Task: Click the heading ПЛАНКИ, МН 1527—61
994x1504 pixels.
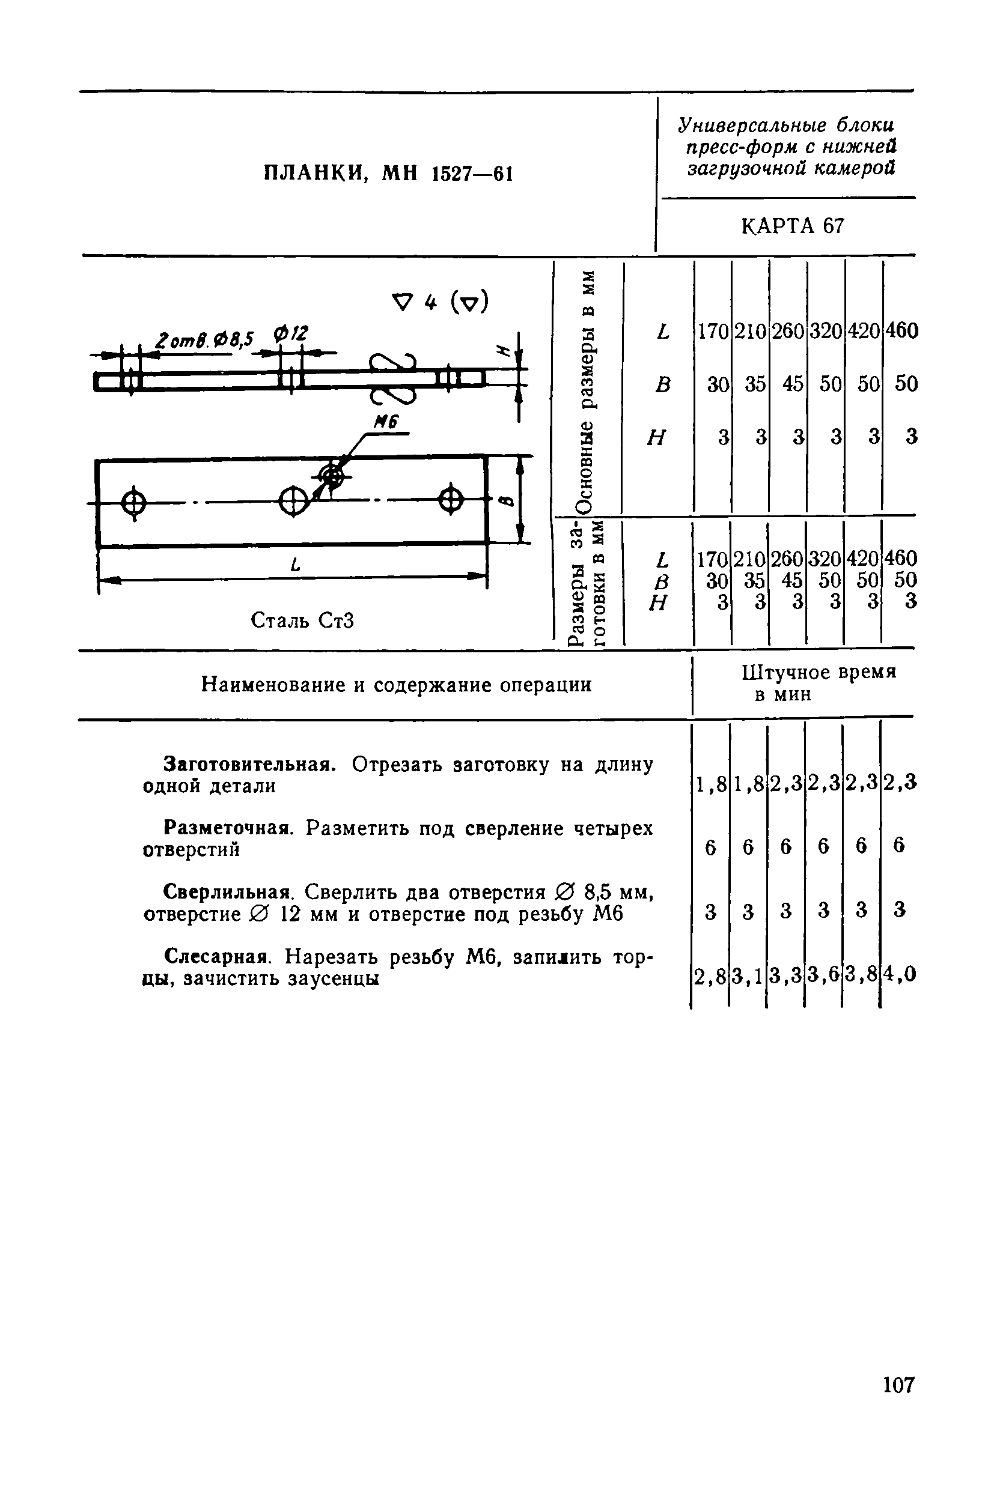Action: tap(388, 173)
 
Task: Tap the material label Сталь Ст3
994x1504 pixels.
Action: tap(302, 620)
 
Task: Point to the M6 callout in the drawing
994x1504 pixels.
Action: tap(385, 423)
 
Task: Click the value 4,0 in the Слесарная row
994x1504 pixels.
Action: tap(901, 974)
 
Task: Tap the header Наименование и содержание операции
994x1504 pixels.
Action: tap(396, 685)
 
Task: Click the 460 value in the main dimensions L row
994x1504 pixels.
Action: tap(901, 331)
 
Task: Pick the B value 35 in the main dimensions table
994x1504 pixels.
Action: tap(754, 384)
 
